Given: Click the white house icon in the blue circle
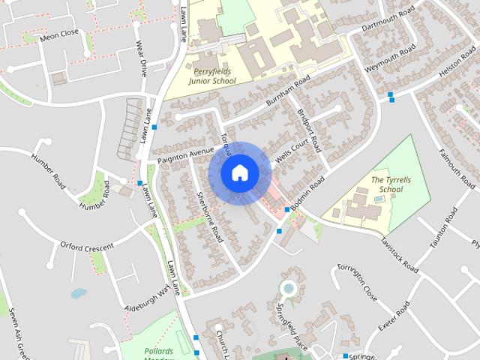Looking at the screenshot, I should tap(239, 172).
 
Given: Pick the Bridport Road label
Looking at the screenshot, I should tap(308, 128).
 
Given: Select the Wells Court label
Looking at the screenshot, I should tap(292, 149).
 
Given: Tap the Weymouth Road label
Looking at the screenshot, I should tap(386, 59).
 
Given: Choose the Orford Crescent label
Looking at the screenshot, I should tap(87, 246).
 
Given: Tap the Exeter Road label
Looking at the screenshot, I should tap(394, 317).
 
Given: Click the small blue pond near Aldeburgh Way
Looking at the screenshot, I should tap(78, 293).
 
